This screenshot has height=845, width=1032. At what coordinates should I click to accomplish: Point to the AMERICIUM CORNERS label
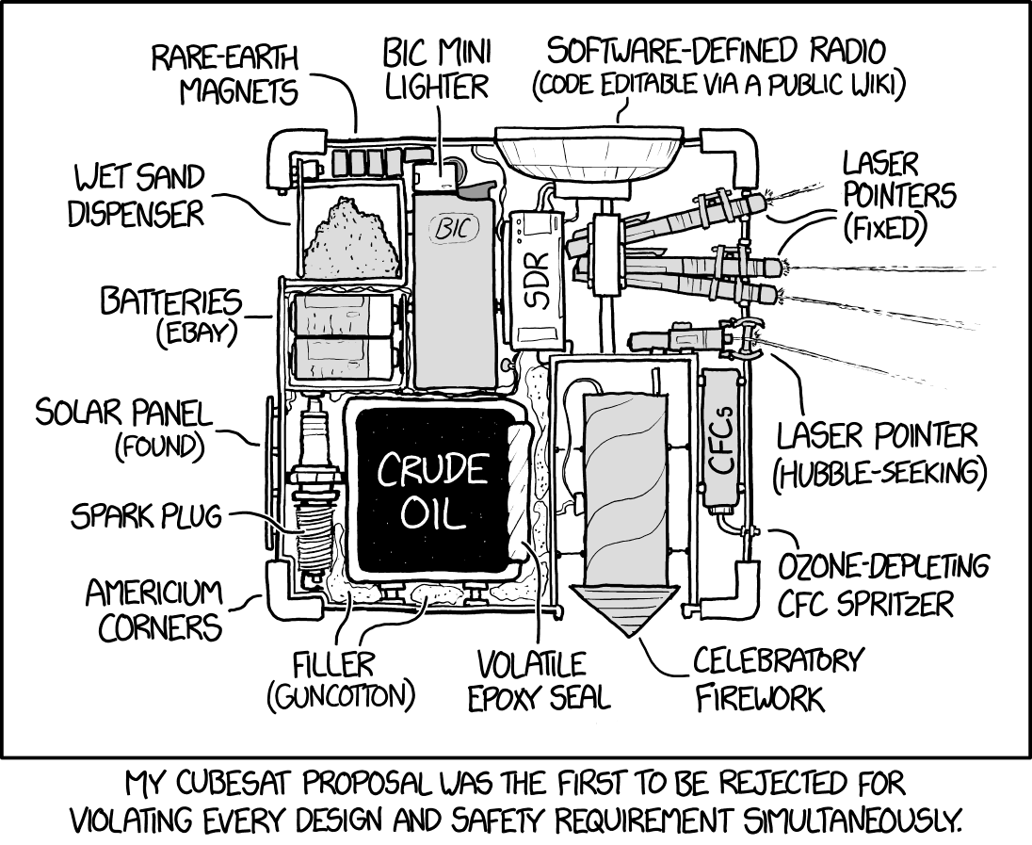click(x=153, y=609)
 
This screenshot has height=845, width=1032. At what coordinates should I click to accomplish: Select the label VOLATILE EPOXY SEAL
click(x=543, y=679)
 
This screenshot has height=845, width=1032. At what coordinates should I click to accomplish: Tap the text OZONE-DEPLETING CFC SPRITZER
click(x=882, y=584)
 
